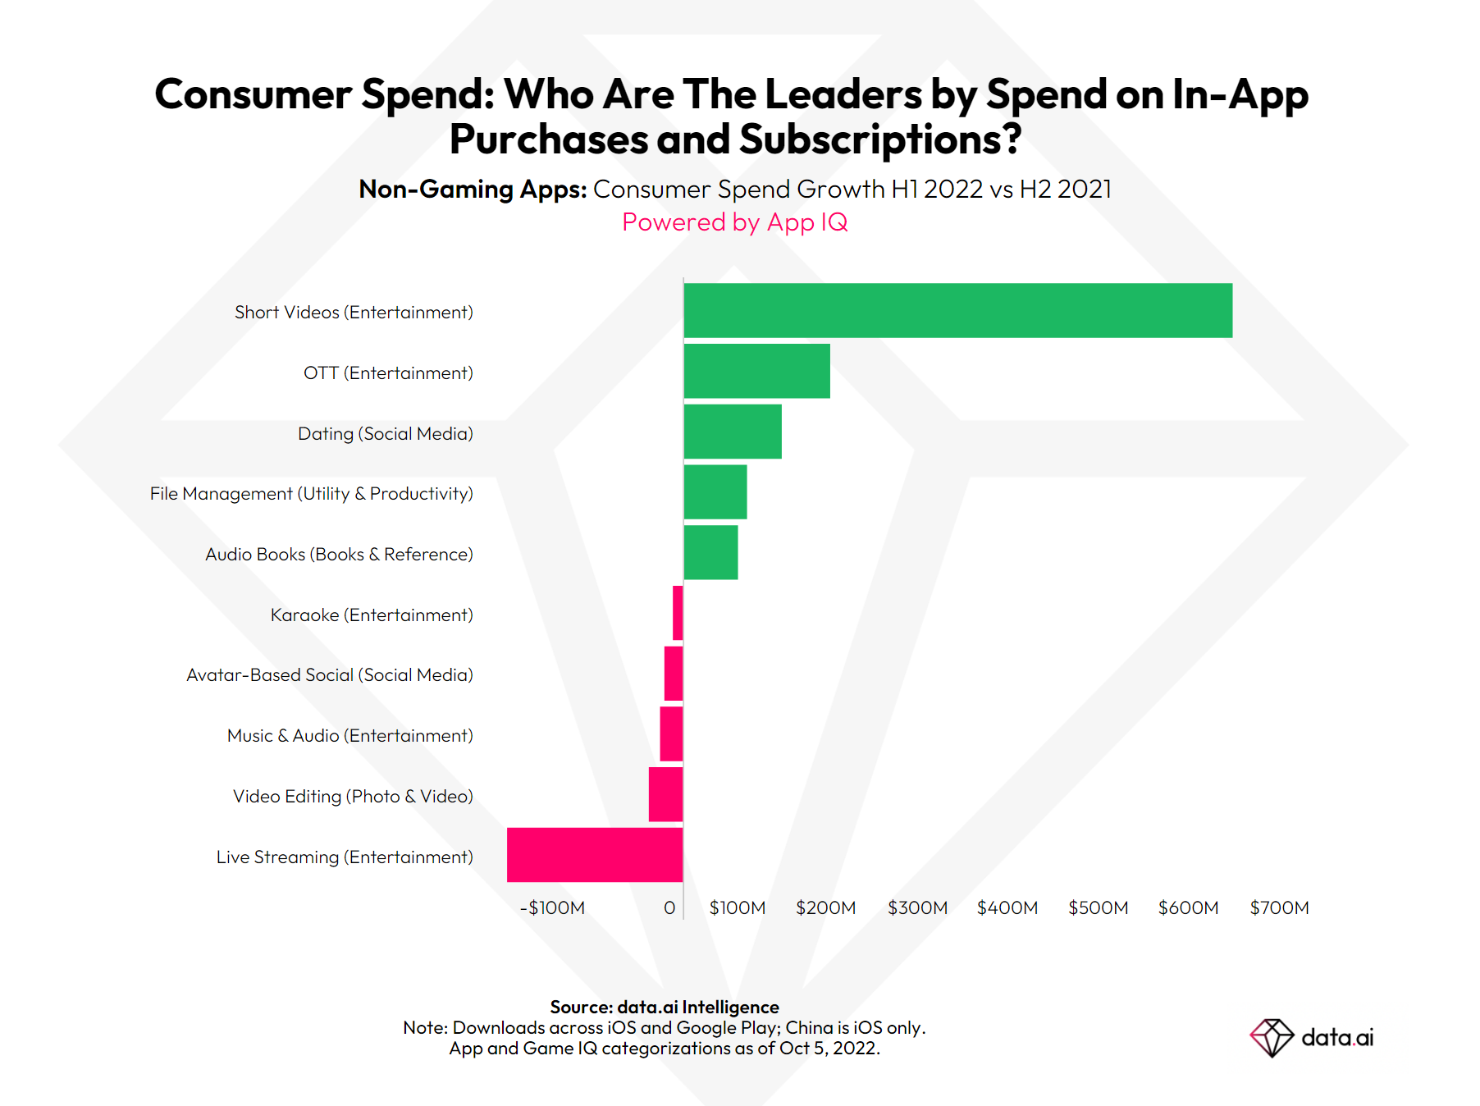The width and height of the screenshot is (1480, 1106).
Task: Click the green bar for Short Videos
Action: coord(957,310)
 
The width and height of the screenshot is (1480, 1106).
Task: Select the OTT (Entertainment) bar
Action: coord(756,371)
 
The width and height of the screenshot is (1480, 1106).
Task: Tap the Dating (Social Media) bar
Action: coord(732,432)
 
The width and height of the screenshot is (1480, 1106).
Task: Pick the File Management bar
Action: coord(715,492)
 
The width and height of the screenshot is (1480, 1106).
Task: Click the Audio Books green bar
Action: coord(710,552)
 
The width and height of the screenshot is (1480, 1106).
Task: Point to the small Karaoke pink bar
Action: coord(678,613)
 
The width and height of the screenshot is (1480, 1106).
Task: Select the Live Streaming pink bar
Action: coord(595,855)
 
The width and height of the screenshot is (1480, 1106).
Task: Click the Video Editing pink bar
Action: coord(665,794)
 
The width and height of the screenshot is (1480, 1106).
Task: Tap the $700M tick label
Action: coord(1279,907)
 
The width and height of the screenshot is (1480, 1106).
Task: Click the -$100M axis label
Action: coord(552,907)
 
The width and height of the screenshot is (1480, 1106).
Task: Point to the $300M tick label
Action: coord(917,907)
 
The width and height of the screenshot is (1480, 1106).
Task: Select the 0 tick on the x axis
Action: coord(669,907)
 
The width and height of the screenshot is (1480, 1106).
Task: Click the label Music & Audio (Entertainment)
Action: coord(349,735)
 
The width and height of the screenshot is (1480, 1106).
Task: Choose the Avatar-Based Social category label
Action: coord(329,674)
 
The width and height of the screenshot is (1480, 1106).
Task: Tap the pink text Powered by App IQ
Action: coord(734,222)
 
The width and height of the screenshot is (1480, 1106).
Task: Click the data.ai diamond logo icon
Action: coord(1271,1038)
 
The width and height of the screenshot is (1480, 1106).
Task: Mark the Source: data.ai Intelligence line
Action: coord(665,1007)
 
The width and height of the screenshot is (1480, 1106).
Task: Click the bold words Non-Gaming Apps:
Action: coord(473,189)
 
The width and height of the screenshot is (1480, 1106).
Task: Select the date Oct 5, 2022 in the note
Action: coord(829,1048)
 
